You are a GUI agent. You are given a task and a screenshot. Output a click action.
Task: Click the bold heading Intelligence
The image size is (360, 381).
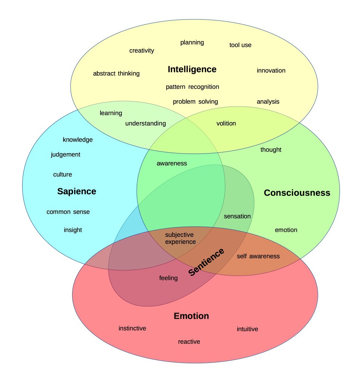[192, 69]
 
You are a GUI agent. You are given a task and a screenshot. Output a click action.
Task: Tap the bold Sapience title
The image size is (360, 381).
[77, 191]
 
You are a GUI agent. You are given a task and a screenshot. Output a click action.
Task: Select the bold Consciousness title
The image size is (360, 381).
[297, 193]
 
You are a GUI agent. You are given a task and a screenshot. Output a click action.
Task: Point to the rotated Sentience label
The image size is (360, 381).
[206, 262]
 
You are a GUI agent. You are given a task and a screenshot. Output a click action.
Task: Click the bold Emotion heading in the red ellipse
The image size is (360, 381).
[191, 316]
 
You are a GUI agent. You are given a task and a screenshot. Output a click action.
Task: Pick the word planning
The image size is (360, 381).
[192, 43]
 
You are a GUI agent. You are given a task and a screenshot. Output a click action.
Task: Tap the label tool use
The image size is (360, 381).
[240, 45]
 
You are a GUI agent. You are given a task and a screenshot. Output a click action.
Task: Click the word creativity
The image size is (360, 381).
[142, 50]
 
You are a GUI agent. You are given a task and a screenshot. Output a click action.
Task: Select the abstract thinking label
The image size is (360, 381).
[116, 73]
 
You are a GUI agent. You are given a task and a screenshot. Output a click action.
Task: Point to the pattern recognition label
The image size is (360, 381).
[192, 87]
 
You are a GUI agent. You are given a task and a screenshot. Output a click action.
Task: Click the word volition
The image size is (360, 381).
[226, 124]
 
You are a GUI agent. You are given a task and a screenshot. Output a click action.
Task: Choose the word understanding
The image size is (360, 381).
[145, 124]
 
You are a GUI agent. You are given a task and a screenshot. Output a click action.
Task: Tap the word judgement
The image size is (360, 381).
[65, 155]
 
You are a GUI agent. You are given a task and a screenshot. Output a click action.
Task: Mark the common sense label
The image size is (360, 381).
[68, 212]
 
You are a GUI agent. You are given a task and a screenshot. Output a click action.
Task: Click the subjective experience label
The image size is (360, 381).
[180, 238]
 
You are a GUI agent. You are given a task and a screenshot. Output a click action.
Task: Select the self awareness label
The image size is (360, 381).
[258, 256]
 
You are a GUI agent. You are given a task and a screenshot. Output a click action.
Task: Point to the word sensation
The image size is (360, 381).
[237, 216]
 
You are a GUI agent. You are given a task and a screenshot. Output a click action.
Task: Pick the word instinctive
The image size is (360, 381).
[132, 328]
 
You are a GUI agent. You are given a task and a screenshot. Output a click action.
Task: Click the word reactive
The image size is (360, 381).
[189, 341]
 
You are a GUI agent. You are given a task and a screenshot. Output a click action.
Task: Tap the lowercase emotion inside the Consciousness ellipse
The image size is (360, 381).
[286, 230]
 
